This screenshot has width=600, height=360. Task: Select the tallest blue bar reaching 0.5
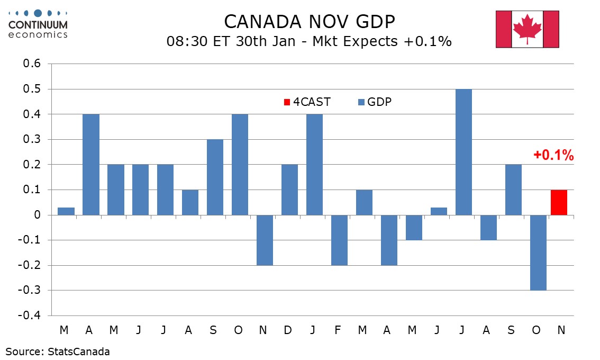(463, 152)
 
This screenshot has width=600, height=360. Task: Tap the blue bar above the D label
(289, 190)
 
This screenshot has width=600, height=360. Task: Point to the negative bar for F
(339, 240)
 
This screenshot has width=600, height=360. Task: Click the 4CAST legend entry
(307, 102)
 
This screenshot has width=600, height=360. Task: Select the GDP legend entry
(375, 102)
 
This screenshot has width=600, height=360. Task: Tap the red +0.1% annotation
(553, 156)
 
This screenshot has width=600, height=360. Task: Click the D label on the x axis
(288, 330)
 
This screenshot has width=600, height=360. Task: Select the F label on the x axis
(338, 330)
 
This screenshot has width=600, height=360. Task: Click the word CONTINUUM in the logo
(38, 24)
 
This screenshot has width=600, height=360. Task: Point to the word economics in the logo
(38, 34)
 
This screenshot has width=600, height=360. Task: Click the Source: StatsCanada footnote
(58, 351)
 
